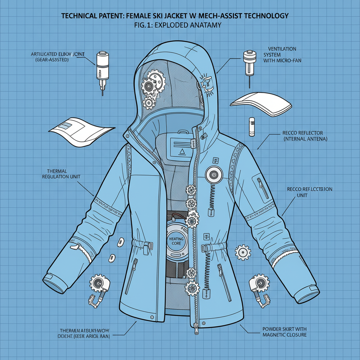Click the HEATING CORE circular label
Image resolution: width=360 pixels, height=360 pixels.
click(176, 242)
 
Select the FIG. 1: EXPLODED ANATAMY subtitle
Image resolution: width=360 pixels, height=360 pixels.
click(180, 26)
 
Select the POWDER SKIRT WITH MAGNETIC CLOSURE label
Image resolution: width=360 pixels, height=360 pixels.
click(284, 332)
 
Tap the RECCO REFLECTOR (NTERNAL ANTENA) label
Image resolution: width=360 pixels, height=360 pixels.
click(305, 136)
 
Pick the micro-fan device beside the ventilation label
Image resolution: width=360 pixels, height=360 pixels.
click(249, 63)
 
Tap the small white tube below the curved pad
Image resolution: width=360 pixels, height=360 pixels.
click(251, 127)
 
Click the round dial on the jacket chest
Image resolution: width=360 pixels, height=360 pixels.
click(214, 174)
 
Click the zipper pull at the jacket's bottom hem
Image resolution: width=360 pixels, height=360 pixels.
click(196, 329)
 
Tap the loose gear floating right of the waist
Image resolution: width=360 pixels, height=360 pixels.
click(243, 252)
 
